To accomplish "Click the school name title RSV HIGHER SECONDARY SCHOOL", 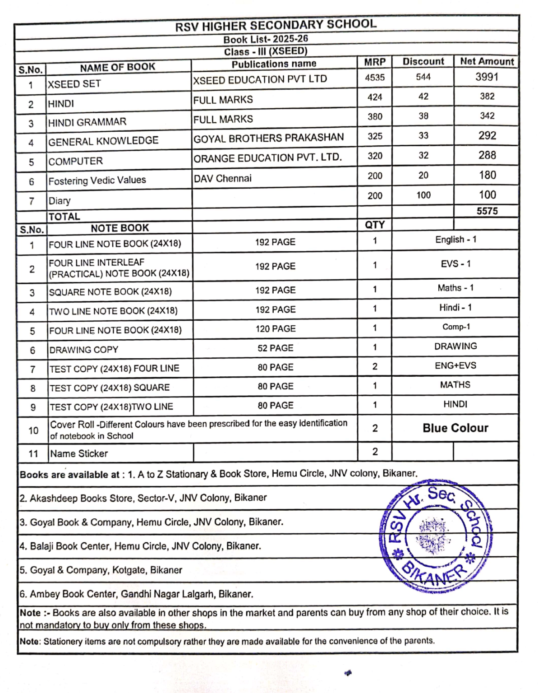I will tap(276, 25).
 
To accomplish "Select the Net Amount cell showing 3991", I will tap(487, 77).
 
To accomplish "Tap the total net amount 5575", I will tap(487, 211).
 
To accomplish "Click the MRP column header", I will tap(375, 62).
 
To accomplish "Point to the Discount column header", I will tap(423, 61).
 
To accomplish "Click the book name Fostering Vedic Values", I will tap(97, 180).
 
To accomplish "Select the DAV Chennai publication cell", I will tap(222, 178).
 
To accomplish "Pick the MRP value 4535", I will tap(375, 77).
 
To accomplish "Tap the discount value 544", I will tap(423, 77).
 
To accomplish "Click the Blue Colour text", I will tap(455, 428).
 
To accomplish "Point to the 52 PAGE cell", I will tap(275, 348).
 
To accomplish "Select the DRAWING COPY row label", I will tap(84, 350).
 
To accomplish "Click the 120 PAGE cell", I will tap(276, 329).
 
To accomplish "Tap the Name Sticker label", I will tap(79, 453).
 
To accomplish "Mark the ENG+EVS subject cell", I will tap(455, 365).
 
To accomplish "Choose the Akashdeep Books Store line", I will tap(143, 498).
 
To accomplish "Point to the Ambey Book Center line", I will tap(136, 594).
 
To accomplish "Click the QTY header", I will tap(375, 225).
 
